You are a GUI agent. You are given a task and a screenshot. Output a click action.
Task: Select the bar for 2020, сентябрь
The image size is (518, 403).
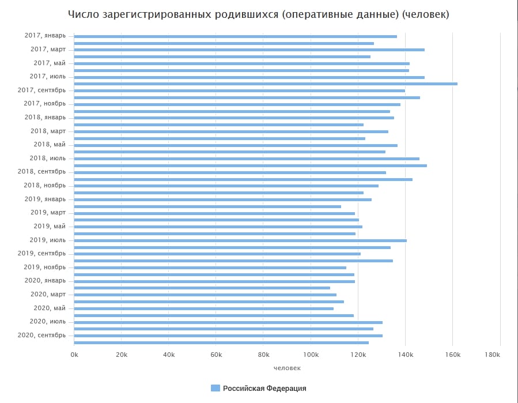228,336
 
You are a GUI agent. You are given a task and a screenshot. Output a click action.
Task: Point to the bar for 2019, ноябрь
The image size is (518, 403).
210,268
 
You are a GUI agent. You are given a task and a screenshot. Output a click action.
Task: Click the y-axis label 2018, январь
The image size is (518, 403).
45,117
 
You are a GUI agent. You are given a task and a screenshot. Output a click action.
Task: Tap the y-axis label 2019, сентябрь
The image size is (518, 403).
41,253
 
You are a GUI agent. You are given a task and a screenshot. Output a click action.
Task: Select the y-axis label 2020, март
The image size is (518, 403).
48,294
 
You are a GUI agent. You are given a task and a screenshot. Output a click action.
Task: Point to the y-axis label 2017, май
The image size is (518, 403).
50,63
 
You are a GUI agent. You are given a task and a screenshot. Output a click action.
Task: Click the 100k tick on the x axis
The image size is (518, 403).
311,355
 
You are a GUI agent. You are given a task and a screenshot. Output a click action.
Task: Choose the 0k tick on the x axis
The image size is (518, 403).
74,355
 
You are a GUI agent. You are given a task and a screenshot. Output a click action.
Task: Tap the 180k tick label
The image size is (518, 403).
493,355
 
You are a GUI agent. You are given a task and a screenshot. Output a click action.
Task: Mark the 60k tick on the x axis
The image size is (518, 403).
216,355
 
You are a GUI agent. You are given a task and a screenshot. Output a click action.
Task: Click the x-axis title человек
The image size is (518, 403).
287,367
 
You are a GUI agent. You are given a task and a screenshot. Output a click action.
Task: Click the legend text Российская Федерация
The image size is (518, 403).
264,388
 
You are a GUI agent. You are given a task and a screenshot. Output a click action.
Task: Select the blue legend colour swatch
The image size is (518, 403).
215,388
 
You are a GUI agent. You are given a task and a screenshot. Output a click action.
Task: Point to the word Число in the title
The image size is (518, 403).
83,14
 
